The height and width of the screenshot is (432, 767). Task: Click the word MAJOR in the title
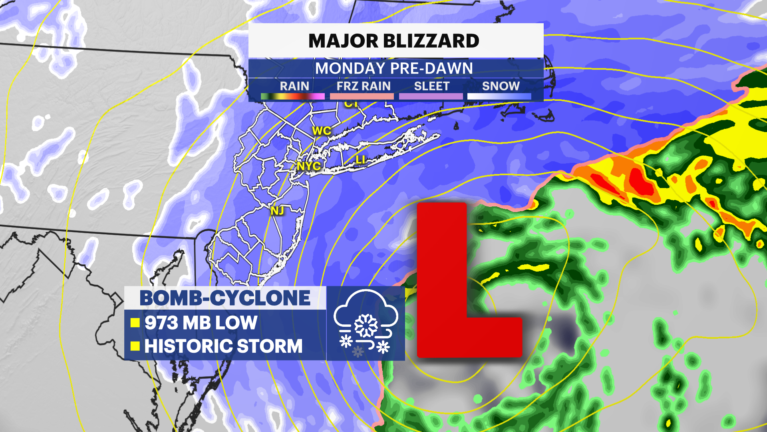click(x=343, y=41)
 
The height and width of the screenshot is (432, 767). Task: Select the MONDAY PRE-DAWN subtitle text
click(x=394, y=68)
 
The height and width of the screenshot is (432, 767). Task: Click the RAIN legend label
click(x=294, y=86)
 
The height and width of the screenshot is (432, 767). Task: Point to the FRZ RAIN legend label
click(x=364, y=86)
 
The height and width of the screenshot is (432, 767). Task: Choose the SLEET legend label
click(x=432, y=86)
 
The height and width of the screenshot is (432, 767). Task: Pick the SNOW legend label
click(x=501, y=86)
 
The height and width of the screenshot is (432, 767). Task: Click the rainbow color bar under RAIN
click(x=292, y=96)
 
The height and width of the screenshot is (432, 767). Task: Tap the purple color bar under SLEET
click(x=431, y=96)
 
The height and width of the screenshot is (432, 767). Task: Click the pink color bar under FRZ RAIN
click(x=362, y=96)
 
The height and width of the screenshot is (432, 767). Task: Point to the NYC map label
click(x=309, y=166)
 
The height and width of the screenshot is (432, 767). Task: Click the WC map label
click(x=322, y=131)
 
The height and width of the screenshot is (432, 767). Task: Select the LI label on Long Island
click(x=360, y=160)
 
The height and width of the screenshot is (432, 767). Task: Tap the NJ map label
click(x=278, y=211)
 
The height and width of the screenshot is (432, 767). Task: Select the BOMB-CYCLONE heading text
click(x=225, y=298)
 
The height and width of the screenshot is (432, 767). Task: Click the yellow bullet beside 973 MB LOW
click(x=135, y=323)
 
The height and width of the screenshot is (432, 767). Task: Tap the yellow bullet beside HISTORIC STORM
click(x=135, y=346)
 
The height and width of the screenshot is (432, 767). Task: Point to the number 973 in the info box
click(x=161, y=323)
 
